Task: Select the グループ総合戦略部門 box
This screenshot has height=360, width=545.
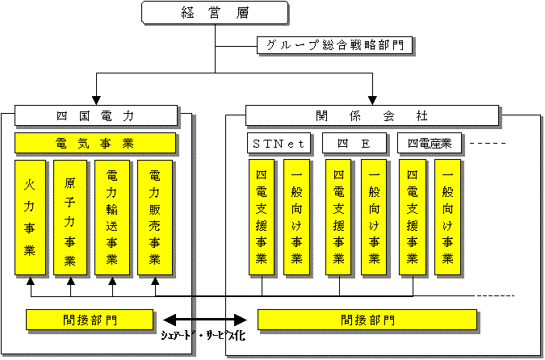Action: (x=335, y=45)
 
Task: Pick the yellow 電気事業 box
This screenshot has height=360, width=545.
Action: (x=95, y=144)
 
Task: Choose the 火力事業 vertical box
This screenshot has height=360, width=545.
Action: (x=30, y=216)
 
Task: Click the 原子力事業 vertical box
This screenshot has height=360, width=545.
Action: (x=70, y=216)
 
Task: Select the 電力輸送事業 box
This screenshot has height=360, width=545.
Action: (x=111, y=216)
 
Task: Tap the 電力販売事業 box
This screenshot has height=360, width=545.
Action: (x=154, y=216)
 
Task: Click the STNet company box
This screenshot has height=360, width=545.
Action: (x=279, y=144)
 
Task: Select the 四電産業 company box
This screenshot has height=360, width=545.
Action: (x=430, y=144)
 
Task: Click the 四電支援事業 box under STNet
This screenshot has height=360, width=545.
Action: (x=262, y=216)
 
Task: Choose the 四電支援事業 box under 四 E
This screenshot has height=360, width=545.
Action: (x=338, y=216)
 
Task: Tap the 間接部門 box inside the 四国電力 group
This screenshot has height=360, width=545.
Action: (x=90, y=320)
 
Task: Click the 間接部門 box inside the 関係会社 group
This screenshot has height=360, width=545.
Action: (x=368, y=320)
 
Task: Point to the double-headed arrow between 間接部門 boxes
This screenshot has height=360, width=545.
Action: (x=205, y=319)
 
